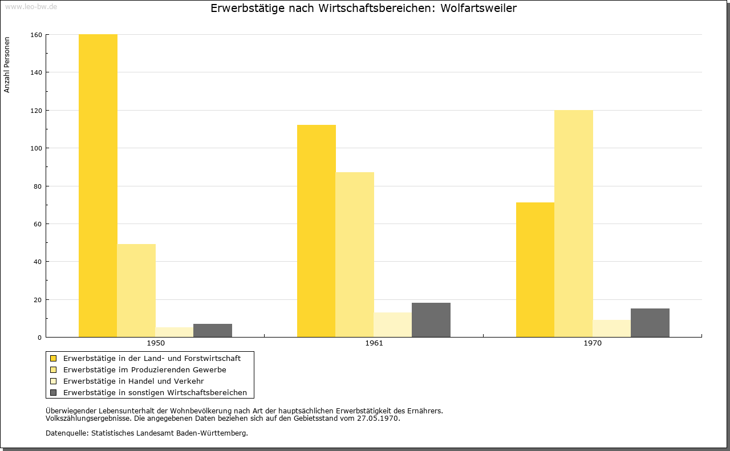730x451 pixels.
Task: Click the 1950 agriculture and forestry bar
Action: [x=98, y=186]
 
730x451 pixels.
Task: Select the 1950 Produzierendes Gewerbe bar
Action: [x=136, y=291]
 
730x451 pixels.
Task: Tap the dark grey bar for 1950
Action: [x=213, y=331]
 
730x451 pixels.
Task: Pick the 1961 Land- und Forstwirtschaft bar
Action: [x=317, y=231]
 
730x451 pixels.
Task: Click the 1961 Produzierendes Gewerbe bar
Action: [x=355, y=254]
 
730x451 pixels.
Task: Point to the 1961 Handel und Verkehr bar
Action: [x=393, y=325]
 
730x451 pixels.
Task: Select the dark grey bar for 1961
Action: [x=431, y=320]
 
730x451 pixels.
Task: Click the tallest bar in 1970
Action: [x=574, y=224]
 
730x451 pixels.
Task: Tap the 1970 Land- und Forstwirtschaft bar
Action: [x=535, y=270]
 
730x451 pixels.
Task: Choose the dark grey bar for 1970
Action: [x=650, y=323]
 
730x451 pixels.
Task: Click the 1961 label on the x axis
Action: [x=374, y=343]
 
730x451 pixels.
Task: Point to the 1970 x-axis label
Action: [x=593, y=343]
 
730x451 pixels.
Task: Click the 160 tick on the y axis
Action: [x=36, y=35]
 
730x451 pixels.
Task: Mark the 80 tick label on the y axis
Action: [x=38, y=186]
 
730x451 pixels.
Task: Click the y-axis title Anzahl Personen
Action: [x=7, y=64]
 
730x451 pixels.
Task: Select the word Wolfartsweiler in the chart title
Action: [x=478, y=8]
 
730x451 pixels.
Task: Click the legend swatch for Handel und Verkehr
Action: [x=54, y=381]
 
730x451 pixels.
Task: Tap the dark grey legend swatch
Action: [x=54, y=393]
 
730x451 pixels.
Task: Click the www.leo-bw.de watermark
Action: [x=31, y=6]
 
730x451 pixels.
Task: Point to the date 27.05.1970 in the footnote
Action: [x=378, y=419]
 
